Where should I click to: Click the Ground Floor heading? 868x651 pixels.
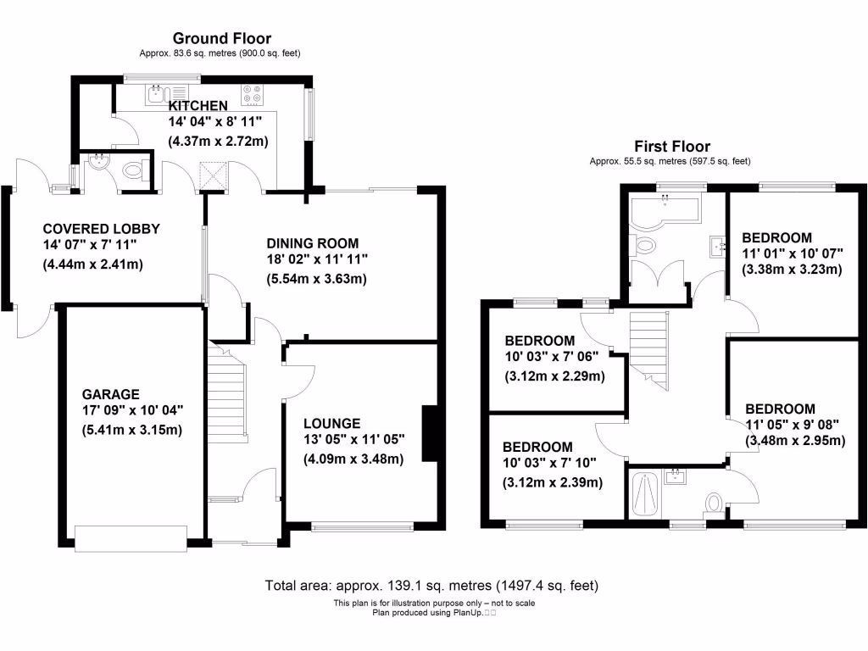click(222, 38)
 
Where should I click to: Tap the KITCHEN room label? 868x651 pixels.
click(198, 106)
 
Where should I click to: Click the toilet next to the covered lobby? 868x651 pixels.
click(133, 171)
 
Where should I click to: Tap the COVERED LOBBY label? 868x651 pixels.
click(101, 229)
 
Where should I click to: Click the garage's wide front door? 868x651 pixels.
click(131, 537)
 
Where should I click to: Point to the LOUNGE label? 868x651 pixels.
click(331, 424)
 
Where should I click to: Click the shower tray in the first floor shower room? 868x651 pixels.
click(646, 493)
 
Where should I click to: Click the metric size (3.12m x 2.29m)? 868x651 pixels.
click(554, 376)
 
